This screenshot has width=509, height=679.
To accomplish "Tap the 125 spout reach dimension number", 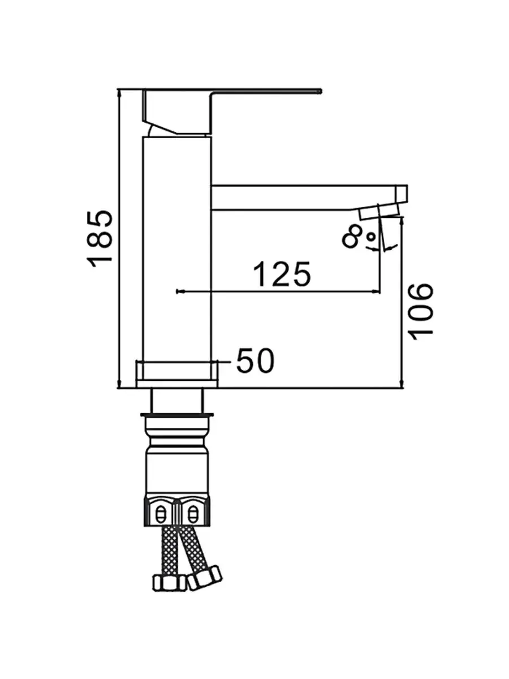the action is point(282,274).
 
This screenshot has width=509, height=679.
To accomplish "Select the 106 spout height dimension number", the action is point(421,311).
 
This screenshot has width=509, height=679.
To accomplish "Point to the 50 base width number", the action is point(255,360).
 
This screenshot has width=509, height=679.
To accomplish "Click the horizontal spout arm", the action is point(305,197).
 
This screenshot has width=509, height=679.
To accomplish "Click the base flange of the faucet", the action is point(176,375).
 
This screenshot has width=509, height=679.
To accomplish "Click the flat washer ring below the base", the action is point(177,418).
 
